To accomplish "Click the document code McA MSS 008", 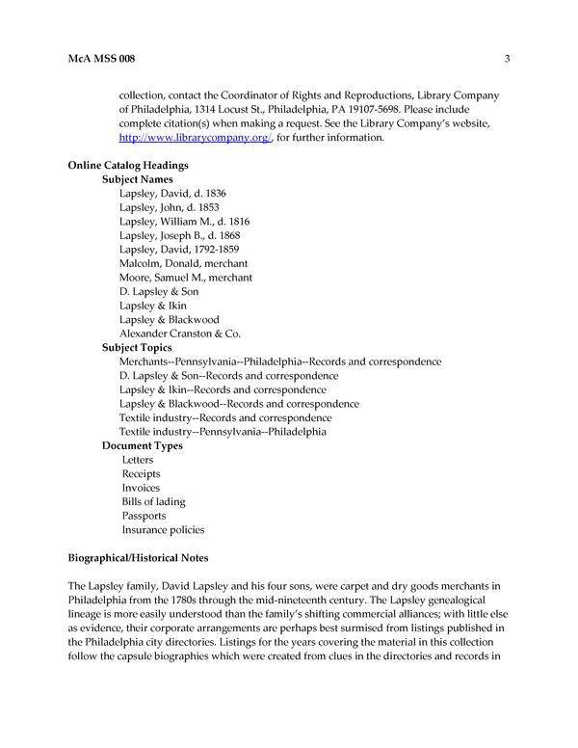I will tap(101, 60).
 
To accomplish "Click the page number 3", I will tap(507, 60).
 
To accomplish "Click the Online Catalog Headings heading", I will tap(127, 166).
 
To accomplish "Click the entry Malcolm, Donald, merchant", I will tap(183, 263).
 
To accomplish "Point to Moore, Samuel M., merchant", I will tap(186, 277).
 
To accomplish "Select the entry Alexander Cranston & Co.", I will tap(179, 333).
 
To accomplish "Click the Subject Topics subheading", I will tap(138, 347).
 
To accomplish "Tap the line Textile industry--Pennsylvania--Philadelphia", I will tap(223, 432).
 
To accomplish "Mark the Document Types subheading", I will tap(143, 445).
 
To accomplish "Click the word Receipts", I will tap(141, 473).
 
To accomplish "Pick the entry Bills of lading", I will tap(153, 501).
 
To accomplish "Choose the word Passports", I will tap(144, 516).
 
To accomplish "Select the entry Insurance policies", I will tap(163, 529).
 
